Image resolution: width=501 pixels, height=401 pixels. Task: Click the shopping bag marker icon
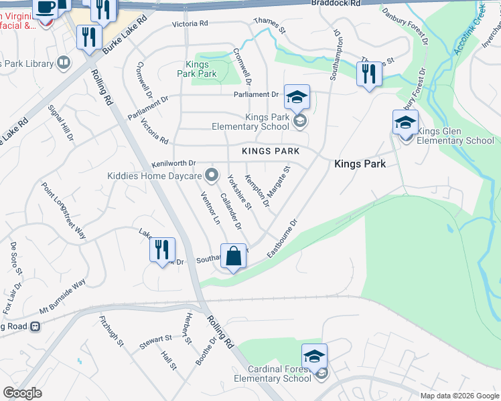(233, 257)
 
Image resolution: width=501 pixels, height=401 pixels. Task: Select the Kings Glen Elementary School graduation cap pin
(405, 123)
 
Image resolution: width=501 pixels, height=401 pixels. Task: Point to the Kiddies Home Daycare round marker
(212, 176)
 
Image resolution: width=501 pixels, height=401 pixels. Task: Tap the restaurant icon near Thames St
(368, 74)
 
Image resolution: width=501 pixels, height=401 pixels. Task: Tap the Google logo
(22, 393)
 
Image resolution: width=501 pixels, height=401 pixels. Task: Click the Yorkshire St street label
(239, 192)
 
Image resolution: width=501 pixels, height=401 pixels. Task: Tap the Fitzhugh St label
(112, 331)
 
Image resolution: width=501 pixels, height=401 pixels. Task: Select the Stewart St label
(156, 341)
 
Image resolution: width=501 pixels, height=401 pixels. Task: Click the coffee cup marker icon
(46, 8)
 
